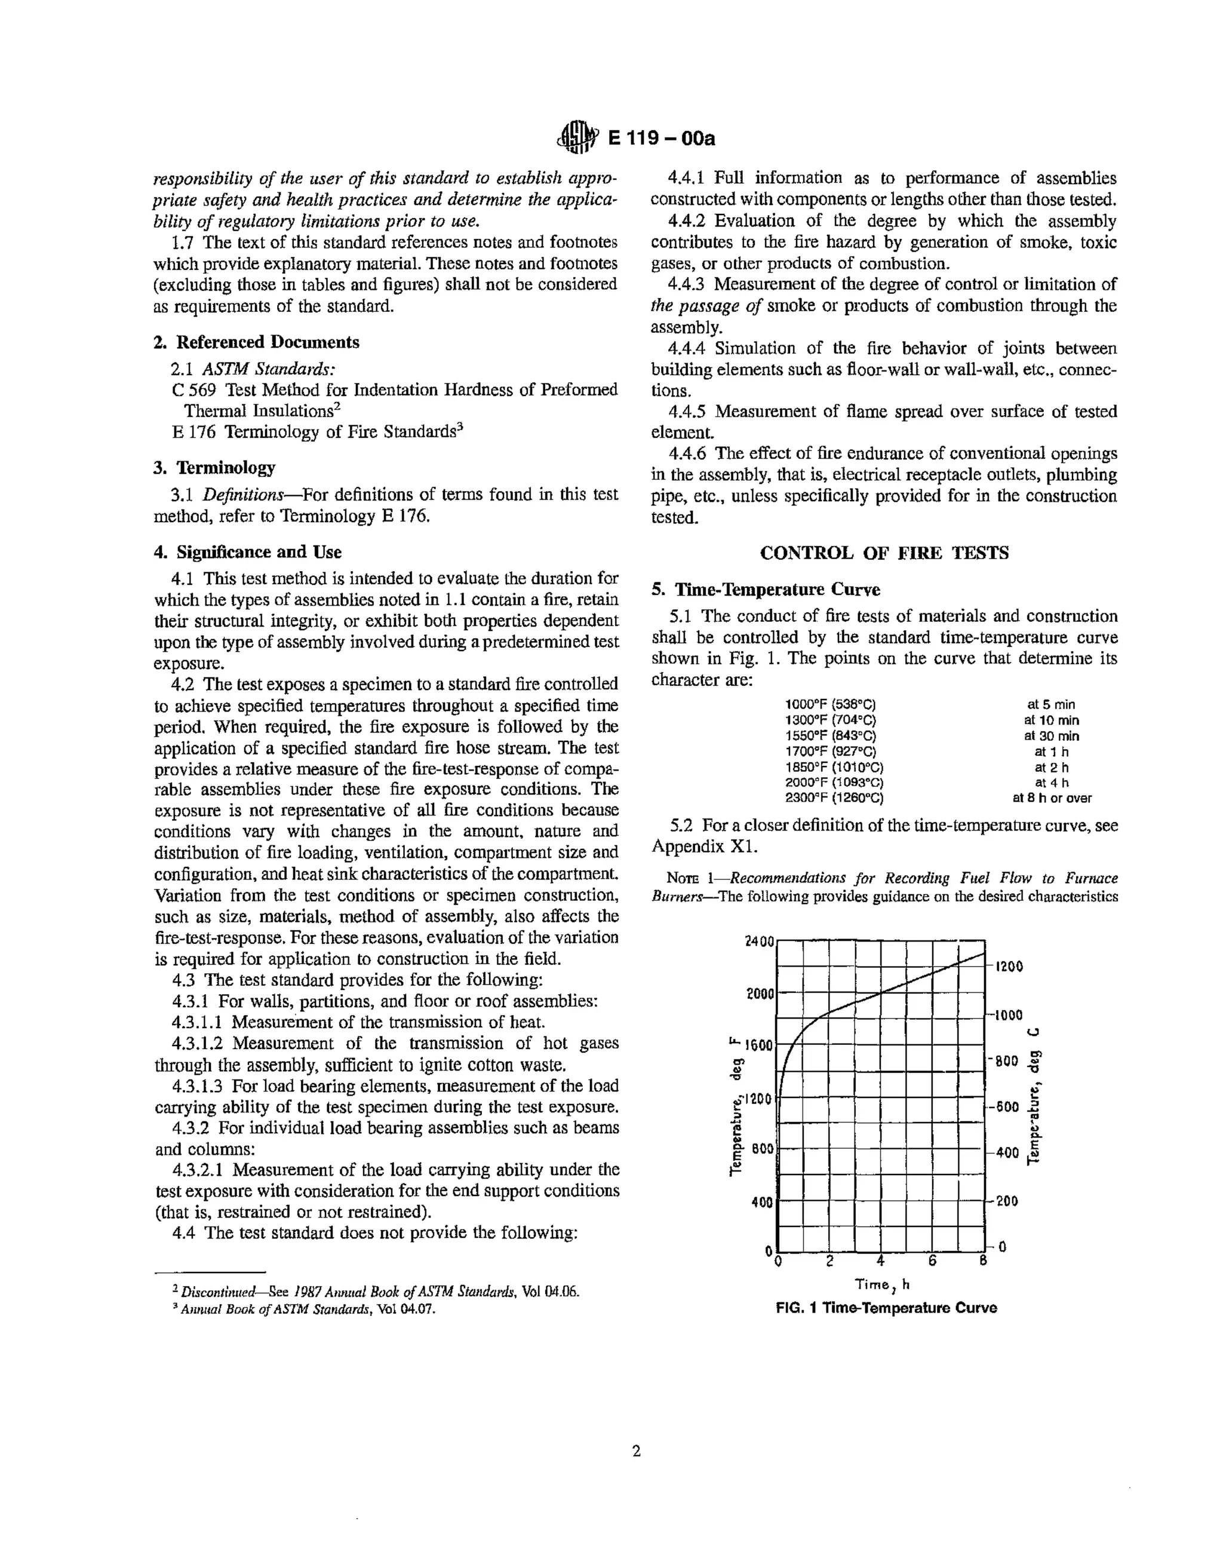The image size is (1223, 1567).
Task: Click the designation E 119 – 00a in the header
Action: pos(661,138)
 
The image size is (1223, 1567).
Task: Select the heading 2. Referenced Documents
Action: pos(257,342)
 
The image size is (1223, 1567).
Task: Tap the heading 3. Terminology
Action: pos(214,467)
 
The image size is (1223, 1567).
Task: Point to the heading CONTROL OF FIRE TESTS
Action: pos(884,553)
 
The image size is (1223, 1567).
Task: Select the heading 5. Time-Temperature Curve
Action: pos(766,589)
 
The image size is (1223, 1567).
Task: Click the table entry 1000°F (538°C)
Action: pos(831,704)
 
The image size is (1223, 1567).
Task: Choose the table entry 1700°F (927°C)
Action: pos(831,751)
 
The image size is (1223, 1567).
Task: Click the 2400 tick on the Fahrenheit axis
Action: pos(760,942)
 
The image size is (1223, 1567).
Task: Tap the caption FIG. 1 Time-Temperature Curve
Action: pos(886,1307)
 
